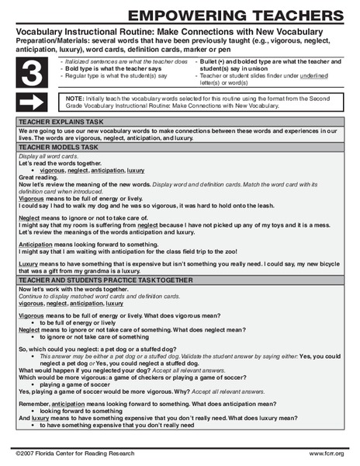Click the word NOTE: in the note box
(74, 99)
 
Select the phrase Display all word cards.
(50, 155)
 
